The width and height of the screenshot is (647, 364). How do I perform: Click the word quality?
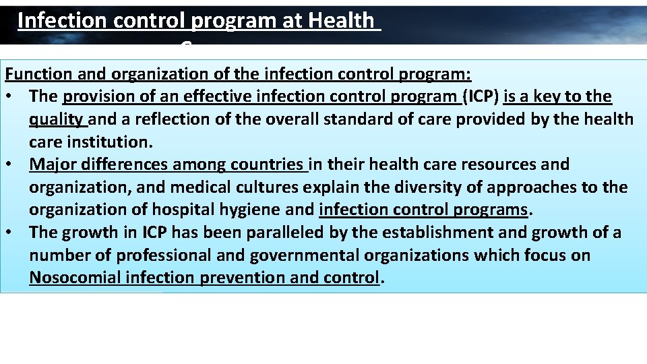click(x=57, y=119)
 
